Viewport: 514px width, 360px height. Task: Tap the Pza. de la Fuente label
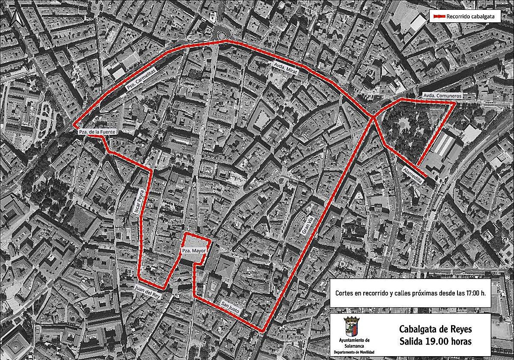point(97,132)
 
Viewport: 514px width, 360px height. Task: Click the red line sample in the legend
point(438,16)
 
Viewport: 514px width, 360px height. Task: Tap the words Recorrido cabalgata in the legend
point(467,16)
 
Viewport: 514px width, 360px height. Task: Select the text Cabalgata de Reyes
point(435,330)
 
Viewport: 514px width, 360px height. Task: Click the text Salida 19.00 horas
point(435,342)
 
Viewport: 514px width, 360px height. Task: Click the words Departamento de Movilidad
point(354,352)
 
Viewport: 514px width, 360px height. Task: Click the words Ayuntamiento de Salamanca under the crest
point(354,343)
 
